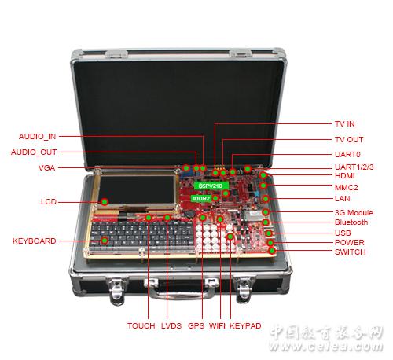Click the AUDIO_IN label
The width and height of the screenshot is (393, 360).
[x=37, y=137]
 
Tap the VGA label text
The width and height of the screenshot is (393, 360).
[x=46, y=168]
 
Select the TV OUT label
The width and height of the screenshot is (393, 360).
[x=349, y=140]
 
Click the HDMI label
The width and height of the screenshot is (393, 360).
[x=345, y=176]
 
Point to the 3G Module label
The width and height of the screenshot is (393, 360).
[x=354, y=212]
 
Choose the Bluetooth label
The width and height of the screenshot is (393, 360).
[x=351, y=222]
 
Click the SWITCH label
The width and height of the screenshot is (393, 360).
[x=351, y=252]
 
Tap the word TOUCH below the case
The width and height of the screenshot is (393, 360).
[x=141, y=325]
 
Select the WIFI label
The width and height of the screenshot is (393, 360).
[x=217, y=325]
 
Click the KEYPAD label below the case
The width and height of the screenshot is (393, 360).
[x=245, y=325]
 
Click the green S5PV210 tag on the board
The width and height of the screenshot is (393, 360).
[x=211, y=186]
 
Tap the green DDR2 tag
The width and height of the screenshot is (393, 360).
[x=201, y=198]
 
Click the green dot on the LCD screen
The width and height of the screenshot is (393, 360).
[x=105, y=202]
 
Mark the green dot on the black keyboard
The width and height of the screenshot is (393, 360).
[x=105, y=241]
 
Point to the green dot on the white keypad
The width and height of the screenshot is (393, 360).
[x=230, y=237]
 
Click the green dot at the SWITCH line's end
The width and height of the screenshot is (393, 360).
[x=272, y=251]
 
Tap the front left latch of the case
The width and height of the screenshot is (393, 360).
[x=117, y=290]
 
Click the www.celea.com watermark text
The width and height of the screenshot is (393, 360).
[x=325, y=347]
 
